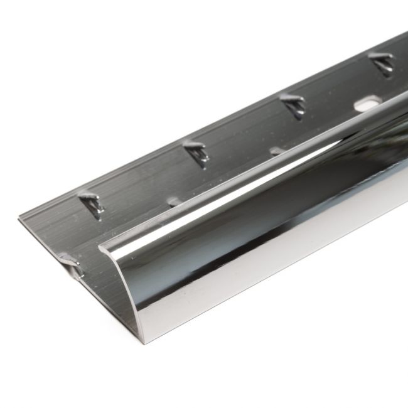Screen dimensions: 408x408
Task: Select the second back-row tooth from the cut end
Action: [x=197, y=153]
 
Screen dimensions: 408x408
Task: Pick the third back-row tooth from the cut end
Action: [x=293, y=104]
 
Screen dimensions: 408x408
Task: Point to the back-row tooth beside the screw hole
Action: [x=380, y=63]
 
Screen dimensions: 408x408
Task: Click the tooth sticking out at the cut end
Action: [x=71, y=263]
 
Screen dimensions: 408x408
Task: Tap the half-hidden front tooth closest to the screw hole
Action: [x=276, y=151]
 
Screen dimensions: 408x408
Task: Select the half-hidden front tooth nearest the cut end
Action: [x=173, y=202]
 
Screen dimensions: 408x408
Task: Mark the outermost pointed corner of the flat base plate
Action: [x=19, y=219]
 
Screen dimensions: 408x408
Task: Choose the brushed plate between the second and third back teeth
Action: [x=245, y=132]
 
